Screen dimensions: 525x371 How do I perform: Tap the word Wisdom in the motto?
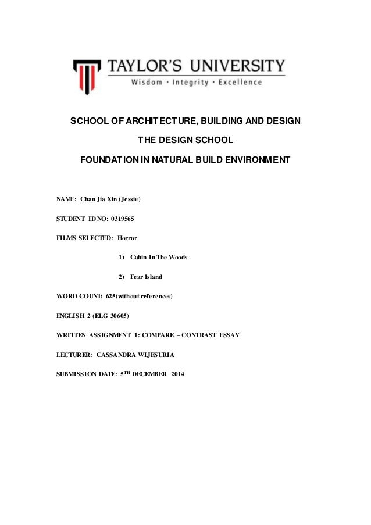(147, 83)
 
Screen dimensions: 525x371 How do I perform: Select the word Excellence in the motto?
(240, 83)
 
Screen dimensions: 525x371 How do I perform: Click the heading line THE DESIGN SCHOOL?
(185, 140)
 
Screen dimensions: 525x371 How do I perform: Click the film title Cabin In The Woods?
(159, 256)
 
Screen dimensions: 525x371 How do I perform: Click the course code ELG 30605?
(111, 316)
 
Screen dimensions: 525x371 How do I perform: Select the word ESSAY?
(227, 335)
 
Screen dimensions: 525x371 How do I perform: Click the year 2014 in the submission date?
(174, 373)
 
